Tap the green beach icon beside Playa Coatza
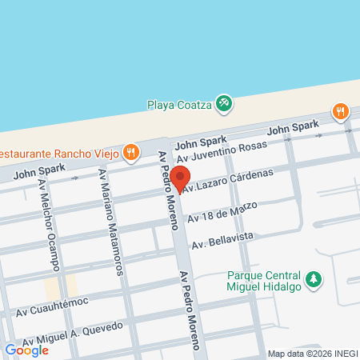coord(225,102)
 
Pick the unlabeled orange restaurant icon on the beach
coord(342,111)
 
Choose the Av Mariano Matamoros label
coord(112,222)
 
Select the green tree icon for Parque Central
coord(317,278)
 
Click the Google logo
coord(26,350)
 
